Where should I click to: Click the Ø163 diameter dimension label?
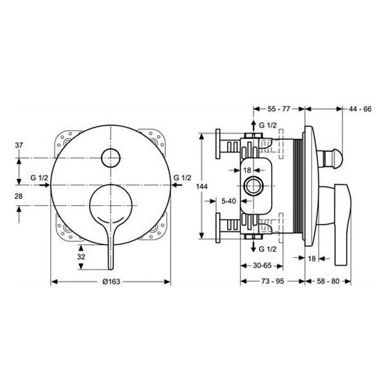(111, 281)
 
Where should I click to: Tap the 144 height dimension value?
(201, 187)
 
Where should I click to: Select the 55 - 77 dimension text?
(279, 109)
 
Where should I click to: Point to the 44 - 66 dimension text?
(360, 109)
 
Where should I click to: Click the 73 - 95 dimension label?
(273, 281)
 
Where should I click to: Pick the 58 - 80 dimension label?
(328, 281)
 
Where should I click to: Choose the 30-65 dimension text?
(262, 265)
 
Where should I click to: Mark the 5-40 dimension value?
(228, 201)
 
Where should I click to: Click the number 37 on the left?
(19, 145)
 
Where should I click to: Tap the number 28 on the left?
(19, 196)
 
